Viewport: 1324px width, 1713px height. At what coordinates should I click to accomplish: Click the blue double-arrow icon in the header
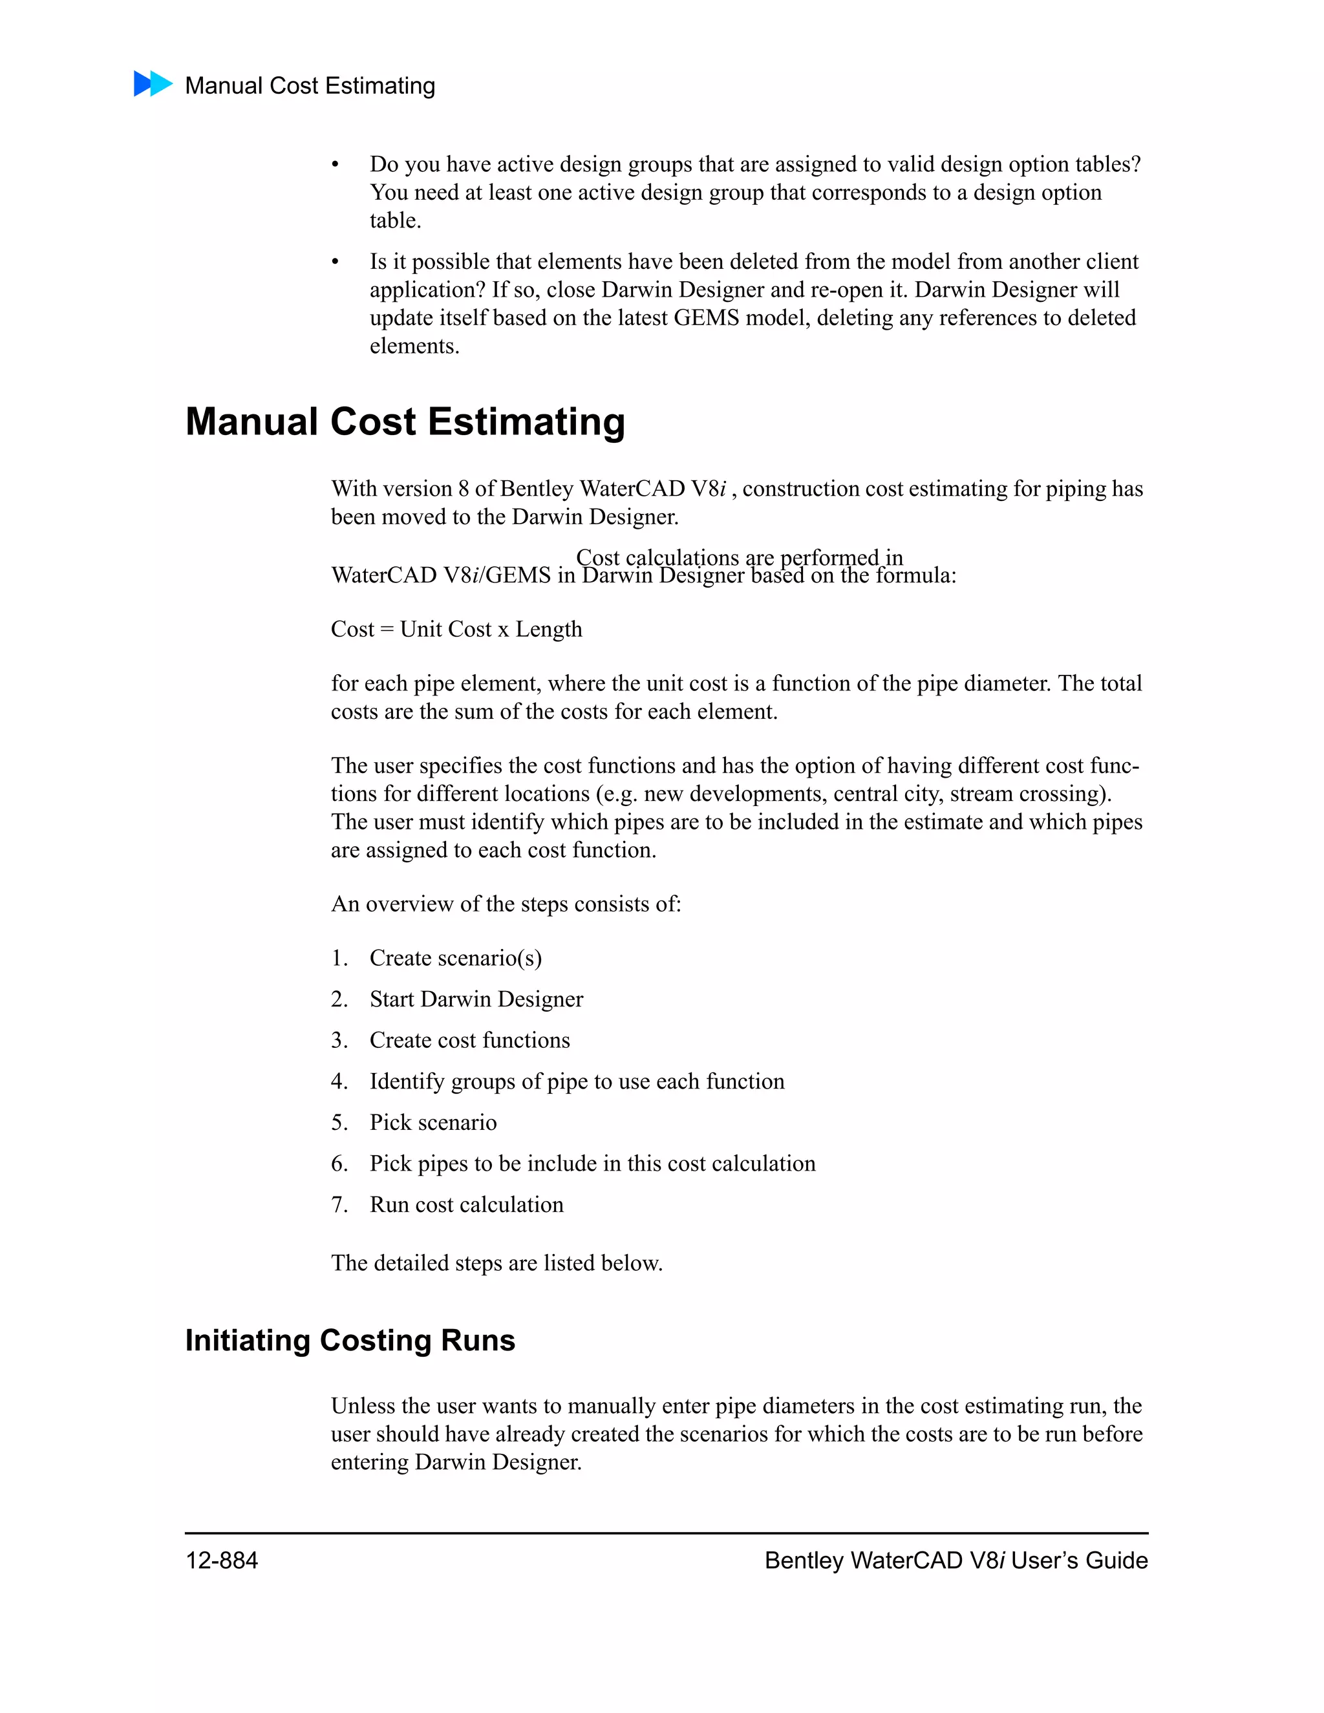(x=153, y=84)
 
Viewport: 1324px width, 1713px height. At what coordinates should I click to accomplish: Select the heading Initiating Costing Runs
(x=350, y=1341)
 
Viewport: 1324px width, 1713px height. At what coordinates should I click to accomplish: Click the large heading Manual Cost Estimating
(x=405, y=422)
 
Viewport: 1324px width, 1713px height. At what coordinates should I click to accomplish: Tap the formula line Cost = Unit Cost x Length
(x=456, y=629)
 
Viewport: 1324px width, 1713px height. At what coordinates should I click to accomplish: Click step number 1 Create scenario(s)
(x=455, y=959)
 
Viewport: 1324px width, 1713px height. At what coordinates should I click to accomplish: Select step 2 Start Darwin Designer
(x=476, y=999)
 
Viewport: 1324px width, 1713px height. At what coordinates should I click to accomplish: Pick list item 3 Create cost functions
(x=469, y=1040)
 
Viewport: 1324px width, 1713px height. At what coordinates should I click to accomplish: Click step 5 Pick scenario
(x=433, y=1122)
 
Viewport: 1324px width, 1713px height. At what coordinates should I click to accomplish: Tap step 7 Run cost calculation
(x=466, y=1205)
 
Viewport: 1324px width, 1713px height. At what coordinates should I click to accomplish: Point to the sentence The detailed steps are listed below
(x=496, y=1263)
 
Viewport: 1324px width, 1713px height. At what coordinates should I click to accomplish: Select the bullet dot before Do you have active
(x=335, y=165)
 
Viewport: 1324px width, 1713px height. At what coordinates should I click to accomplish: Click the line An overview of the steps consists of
(x=505, y=904)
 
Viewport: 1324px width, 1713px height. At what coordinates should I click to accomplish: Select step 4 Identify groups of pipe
(x=577, y=1081)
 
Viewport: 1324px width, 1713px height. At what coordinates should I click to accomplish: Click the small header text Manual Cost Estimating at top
(x=310, y=85)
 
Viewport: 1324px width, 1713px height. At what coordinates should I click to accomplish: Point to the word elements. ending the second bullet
(x=414, y=346)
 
